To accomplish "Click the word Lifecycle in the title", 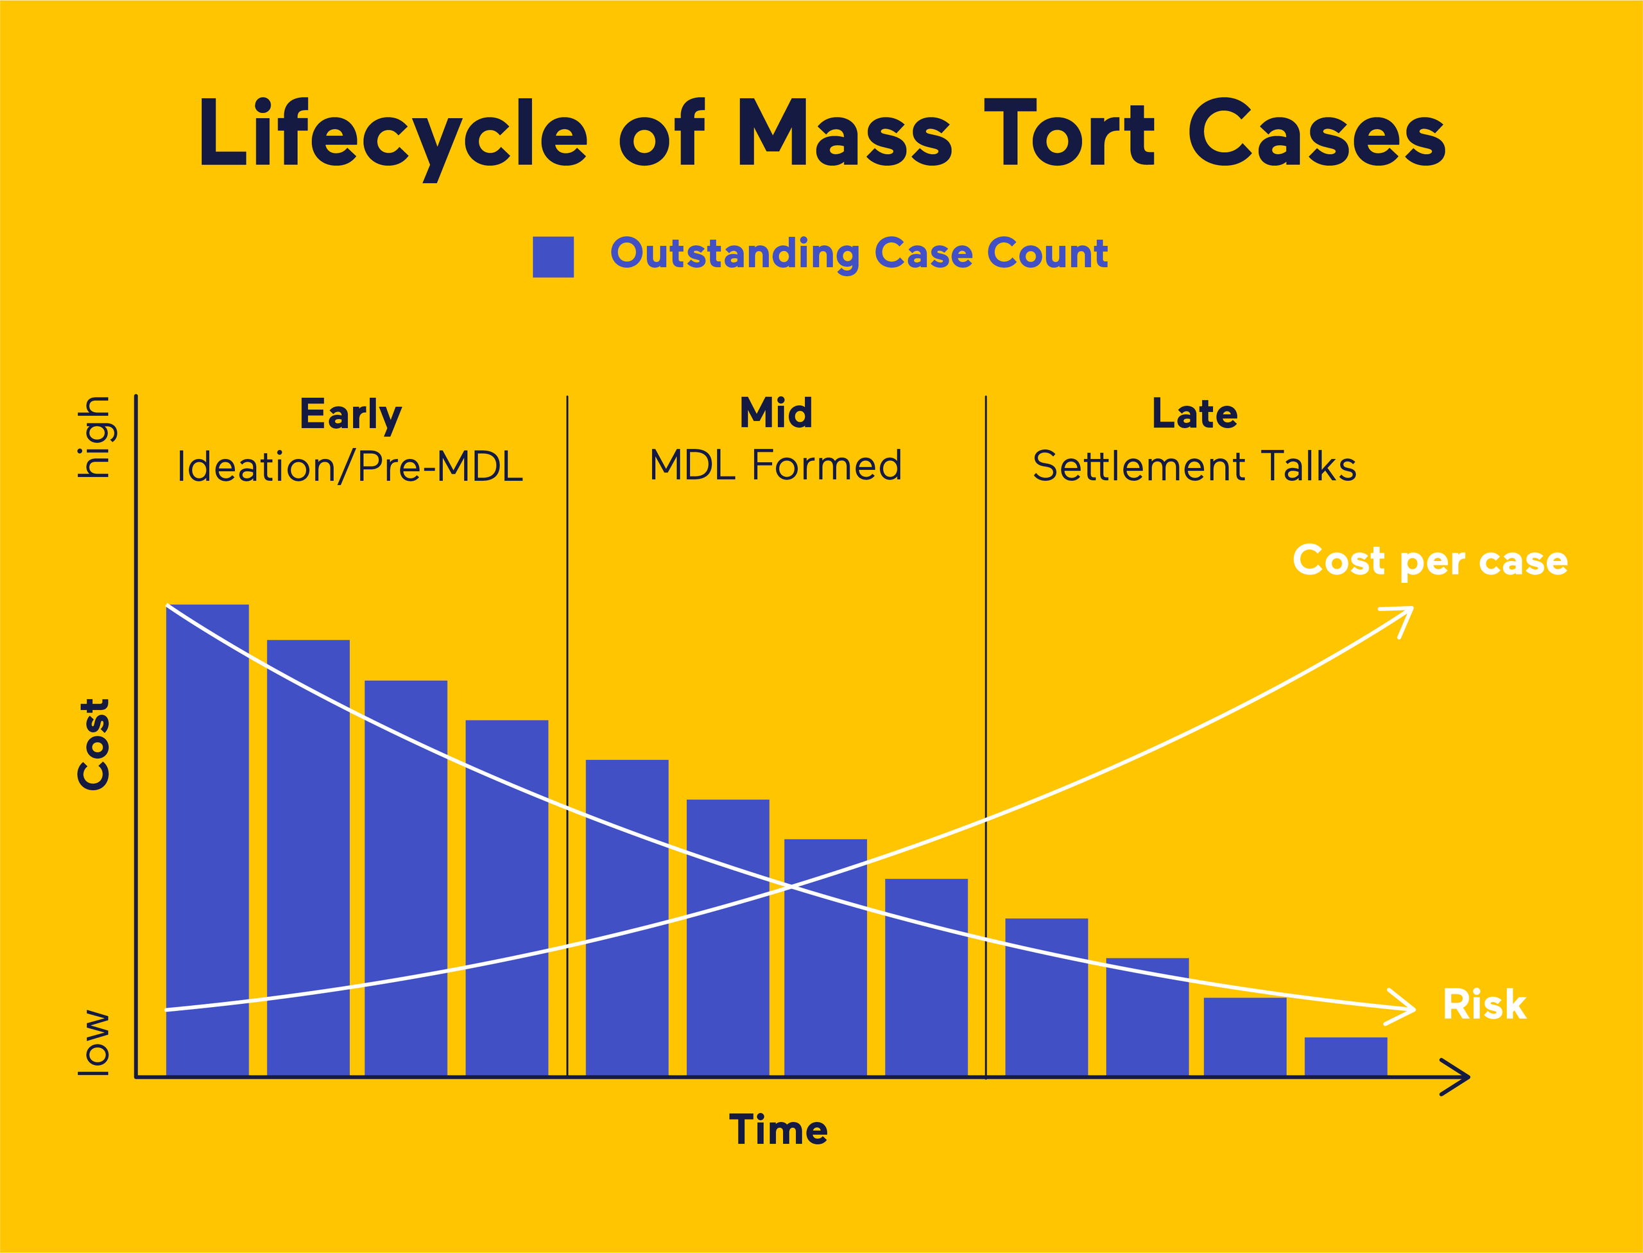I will (393, 134).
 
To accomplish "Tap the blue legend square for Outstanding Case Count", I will (553, 257).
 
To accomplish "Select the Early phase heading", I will (350, 414).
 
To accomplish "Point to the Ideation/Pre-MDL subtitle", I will (350, 467).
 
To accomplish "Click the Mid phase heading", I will (776, 413).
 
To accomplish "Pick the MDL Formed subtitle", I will (776, 465).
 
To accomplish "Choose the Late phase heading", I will (1195, 413).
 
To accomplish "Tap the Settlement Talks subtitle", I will (1195, 467).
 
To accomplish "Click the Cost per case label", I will (1430, 561).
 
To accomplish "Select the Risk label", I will (1484, 1005).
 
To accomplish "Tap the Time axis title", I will (778, 1130).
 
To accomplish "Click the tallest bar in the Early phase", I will (207, 839).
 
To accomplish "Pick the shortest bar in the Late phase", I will (1345, 1056).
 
